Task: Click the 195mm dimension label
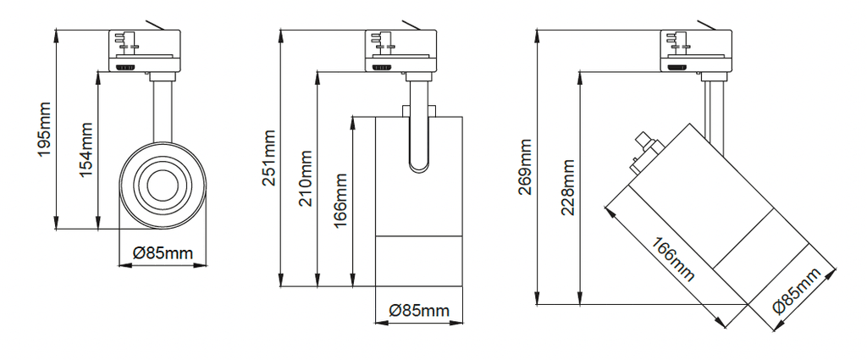pyautogui.click(x=44, y=129)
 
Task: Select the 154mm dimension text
pyautogui.click(x=86, y=149)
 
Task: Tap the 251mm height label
pyautogui.click(x=268, y=158)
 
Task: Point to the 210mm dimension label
pyautogui.click(x=305, y=178)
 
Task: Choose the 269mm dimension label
pyautogui.click(x=525, y=167)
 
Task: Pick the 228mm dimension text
pyautogui.click(x=568, y=187)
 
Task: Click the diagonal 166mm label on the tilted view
pyautogui.click(x=671, y=259)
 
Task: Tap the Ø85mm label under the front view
pyautogui.click(x=163, y=253)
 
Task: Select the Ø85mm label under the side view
pyautogui.click(x=419, y=311)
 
